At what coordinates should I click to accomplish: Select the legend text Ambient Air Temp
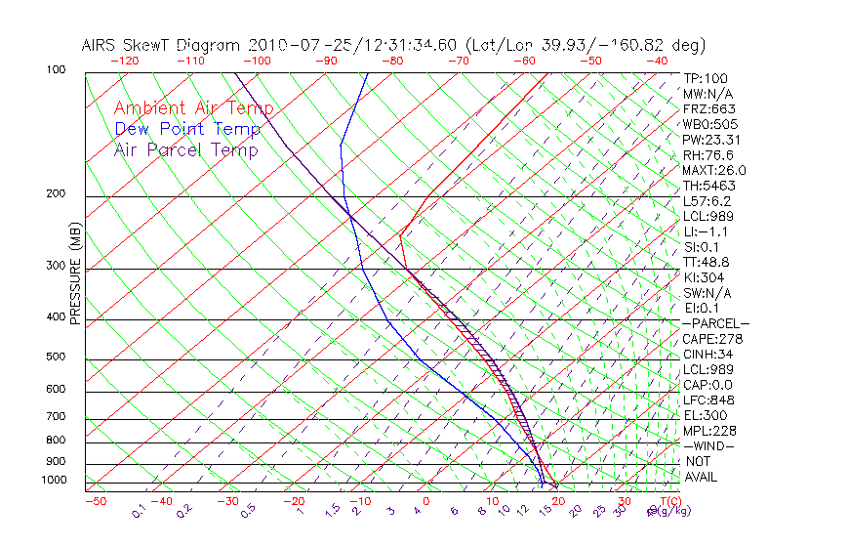click(x=193, y=108)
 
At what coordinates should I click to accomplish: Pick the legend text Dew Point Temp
click(x=187, y=129)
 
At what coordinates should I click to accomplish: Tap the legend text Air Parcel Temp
click(x=185, y=149)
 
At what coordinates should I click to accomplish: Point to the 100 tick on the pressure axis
click(x=56, y=70)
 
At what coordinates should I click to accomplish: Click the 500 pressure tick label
click(x=56, y=357)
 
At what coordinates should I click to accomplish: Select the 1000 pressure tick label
click(x=53, y=480)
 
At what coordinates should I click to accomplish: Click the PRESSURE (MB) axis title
click(x=74, y=279)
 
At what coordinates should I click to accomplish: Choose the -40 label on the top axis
click(x=657, y=61)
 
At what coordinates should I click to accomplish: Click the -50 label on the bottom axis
click(x=95, y=501)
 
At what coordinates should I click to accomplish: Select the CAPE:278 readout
click(x=712, y=339)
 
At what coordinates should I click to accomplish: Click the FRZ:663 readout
click(x=709, y=108)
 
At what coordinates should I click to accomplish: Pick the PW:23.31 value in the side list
click(x=712, y=140)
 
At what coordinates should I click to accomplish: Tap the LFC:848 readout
click(x=709, y=400)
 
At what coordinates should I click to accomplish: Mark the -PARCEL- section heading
click(x=715, y=323)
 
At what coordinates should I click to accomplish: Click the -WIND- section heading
click(x=709, y=445)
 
